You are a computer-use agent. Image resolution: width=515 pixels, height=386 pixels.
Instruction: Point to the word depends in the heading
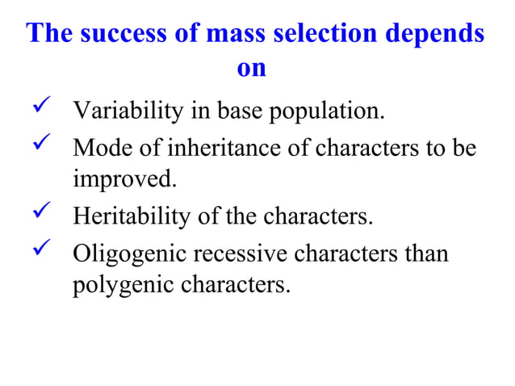pyautogui.click(x=438, y=36)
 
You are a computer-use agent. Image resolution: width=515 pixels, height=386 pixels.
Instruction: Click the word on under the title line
pyautogui.click(x=252, y=69)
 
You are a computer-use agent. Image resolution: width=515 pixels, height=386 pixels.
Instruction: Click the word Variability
pyautogui.click(x=127, y=111)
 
